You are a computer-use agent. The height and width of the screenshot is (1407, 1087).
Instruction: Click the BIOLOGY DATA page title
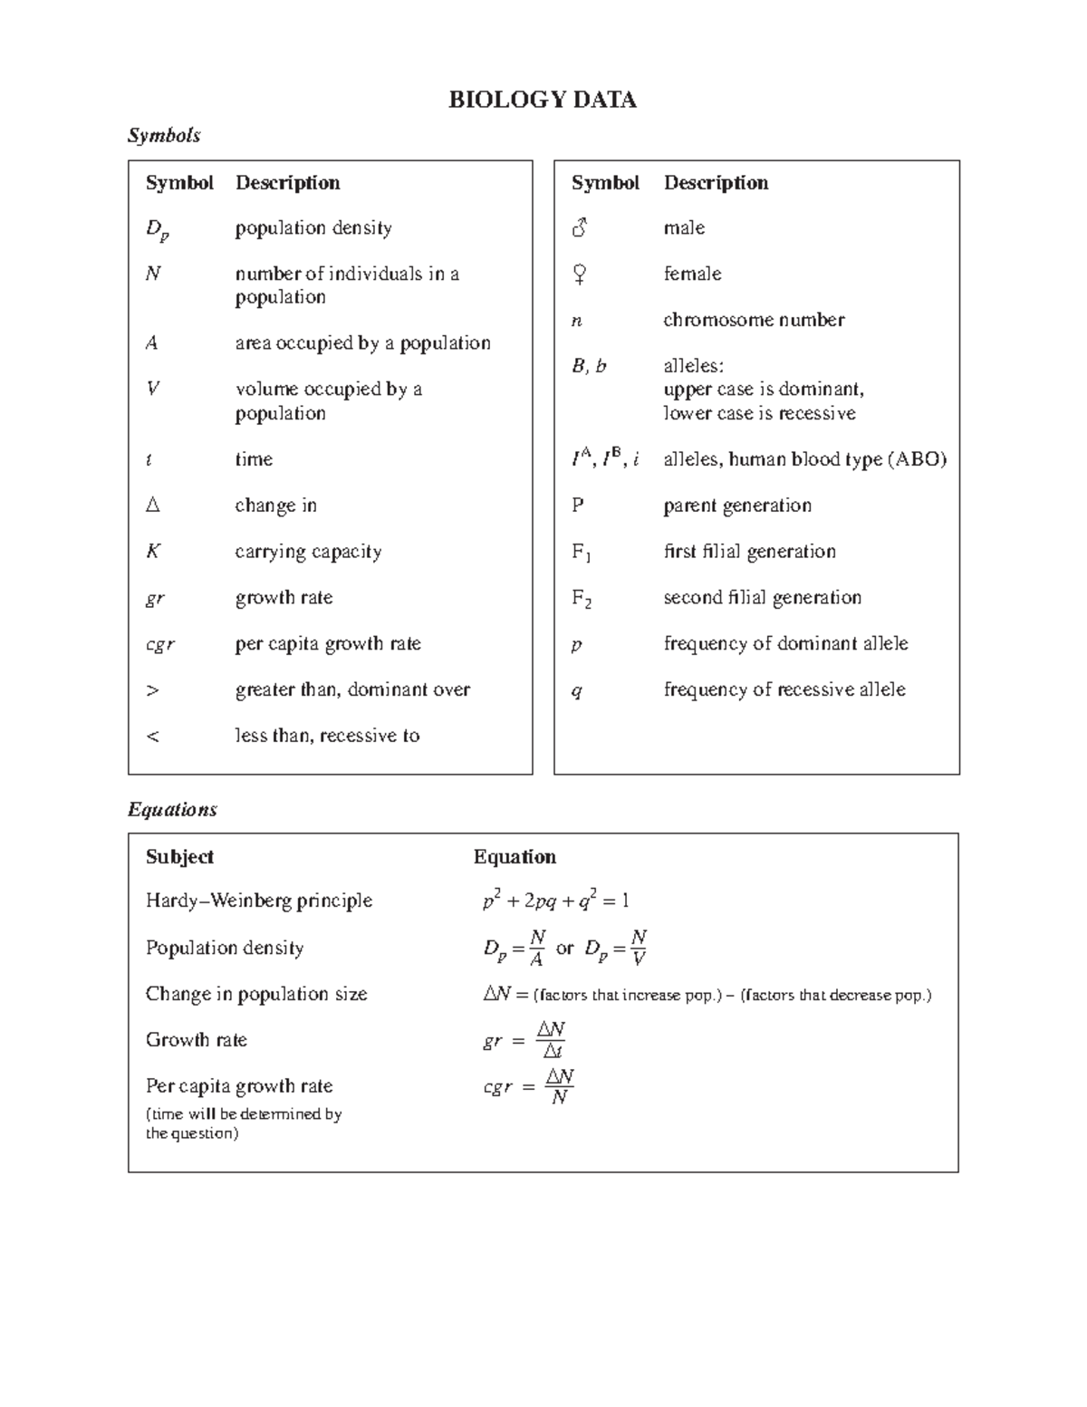[x=542, y=100]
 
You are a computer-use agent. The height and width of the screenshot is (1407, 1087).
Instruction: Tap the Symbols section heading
[x=164, y=135]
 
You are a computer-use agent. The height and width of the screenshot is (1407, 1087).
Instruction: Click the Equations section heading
[x=172, y=809]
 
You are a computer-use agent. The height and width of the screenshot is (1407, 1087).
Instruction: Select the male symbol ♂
[x=580, y=227]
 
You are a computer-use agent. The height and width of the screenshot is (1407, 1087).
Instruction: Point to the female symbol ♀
[x=580, y=274]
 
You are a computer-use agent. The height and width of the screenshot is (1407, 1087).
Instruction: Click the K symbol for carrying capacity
[x=152, y=551]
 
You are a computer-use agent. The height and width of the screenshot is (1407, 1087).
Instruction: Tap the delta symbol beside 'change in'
[x=152, y=505]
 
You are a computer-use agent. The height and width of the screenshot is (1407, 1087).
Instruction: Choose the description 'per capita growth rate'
[x=328, y=643]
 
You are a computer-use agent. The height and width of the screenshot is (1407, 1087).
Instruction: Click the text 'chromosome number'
[x=754, y=320]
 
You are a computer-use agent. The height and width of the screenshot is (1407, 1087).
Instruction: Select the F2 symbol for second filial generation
[x=582, y=598]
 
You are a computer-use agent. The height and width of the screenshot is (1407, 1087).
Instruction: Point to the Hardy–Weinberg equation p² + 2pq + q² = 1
[x=555, y=901]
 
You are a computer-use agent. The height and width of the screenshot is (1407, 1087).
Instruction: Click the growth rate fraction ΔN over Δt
[x=551, y=1040]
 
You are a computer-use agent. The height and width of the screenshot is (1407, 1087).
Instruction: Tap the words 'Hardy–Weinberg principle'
[x=259, y=901]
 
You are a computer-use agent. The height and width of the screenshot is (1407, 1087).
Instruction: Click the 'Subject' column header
[x=179, y=857]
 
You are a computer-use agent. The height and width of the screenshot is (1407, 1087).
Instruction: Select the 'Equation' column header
[x=515, y=857]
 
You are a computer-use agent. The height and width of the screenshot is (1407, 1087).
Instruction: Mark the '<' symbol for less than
[x=152, y=736]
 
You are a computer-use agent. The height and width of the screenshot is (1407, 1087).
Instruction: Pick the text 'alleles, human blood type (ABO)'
[x=804, y=459]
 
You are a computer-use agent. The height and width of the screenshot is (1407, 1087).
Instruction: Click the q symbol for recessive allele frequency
[x=577, y=691]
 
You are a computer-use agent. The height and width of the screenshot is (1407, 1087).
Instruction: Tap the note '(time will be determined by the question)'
[x=243, y=1123]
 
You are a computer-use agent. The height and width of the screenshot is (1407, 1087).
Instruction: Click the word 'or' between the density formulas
[x=564, y=949]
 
